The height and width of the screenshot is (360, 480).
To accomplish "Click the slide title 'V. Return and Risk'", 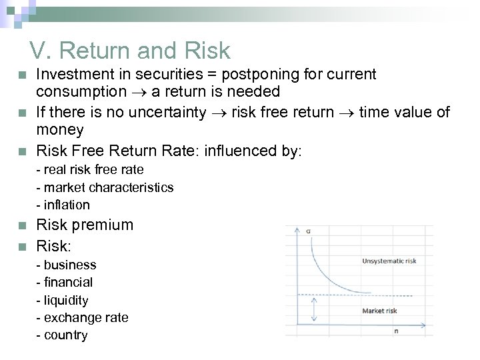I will (129, 50).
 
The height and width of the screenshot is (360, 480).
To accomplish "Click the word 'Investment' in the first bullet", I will (69, 74).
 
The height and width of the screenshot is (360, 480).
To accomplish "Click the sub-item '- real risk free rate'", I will (90, 171).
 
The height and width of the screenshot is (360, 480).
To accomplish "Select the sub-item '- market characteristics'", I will (105, 187).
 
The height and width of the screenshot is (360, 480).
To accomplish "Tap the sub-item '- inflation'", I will (63, 204).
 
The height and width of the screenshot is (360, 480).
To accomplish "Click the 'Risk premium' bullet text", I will (85, 225).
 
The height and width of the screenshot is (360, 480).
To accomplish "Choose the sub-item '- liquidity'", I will (66, 300).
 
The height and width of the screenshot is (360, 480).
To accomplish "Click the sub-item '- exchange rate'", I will (82, 317).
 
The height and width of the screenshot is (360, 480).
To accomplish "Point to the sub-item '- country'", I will (62, 335).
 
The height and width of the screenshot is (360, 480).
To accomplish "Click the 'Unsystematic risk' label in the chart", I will (389, 261).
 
